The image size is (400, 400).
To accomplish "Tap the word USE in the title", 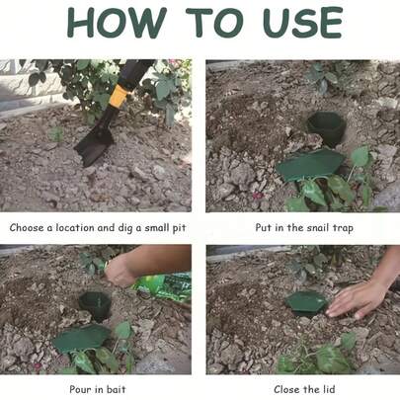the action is coord(303,22).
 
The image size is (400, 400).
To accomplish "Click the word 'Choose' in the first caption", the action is coord(28,227).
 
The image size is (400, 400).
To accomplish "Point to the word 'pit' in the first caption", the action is coord(180,228).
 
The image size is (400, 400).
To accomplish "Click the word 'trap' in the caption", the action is coord(343,228).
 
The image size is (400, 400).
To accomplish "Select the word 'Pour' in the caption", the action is coord(80,389).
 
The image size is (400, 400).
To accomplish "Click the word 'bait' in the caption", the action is coord(117,389).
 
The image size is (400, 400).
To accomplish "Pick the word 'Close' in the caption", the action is coord(287,389).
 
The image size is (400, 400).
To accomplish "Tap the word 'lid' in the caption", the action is coord(328,389).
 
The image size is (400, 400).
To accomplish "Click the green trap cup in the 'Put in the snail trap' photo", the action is coord(326,128).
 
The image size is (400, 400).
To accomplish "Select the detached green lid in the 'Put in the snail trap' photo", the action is coord(310,164).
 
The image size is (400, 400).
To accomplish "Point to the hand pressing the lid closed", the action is coord(358,299).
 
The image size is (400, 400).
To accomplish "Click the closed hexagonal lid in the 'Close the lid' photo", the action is coord(306,303).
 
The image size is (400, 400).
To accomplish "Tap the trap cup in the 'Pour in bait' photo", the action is coord(96,306).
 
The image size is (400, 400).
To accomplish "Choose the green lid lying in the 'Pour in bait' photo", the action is coord(82,339).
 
